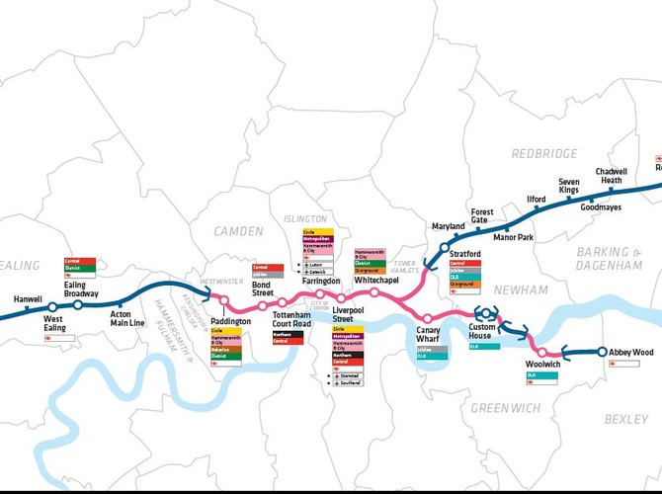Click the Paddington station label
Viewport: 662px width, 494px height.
tap(231, 321)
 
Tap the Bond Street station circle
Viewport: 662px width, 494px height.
tap(262, 303)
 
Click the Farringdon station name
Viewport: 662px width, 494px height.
tap(322, 282)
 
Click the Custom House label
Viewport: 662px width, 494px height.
tap(486, 331)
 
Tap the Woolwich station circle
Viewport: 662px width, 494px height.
tap(541, 352)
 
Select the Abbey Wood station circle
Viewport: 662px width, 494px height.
tap(601, 352)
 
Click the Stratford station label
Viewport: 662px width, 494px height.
tap(464, 254)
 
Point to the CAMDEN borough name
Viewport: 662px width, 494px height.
tap(239, 231)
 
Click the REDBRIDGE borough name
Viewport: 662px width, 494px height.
tap(544, 154)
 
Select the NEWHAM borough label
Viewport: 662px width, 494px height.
tap(520, 289)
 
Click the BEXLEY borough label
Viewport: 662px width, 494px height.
tap(626, 419)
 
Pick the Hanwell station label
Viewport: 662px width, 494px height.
tap(29, 298)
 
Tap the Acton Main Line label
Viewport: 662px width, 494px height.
tap(127, 318)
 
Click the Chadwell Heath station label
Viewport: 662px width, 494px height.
tap(611, 176)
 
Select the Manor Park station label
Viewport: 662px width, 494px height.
tap(513, 238)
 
